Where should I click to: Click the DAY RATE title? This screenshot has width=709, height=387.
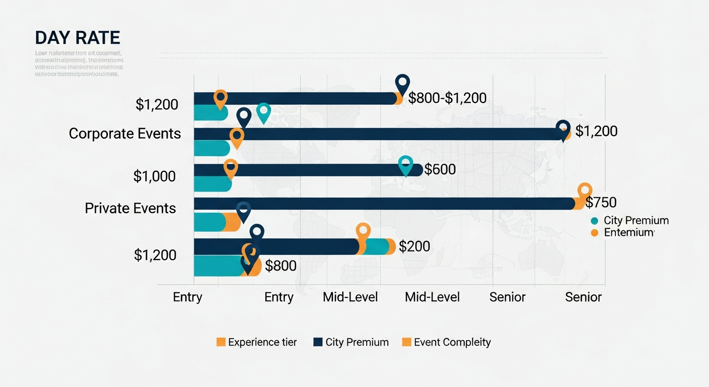[x=78, y=38]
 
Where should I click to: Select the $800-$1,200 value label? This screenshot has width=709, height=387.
[x=447, y=98]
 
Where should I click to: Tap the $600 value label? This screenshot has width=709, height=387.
[x=440, y=169]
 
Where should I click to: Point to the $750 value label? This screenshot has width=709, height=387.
[x=601, y=203]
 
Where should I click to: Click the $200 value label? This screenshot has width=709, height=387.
[x=414, y=246]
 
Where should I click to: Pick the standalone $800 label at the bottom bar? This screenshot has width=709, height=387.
[x=280, y=266]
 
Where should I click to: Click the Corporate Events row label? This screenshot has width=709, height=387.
[x=125, y=134]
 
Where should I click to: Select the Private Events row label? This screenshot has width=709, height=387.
[x=130, y=208]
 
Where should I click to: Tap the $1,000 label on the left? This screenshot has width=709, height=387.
[x=155, y=176]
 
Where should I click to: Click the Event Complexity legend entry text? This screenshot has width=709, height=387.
[x=452, y=342]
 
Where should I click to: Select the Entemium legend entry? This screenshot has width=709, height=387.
[x=629, y=232]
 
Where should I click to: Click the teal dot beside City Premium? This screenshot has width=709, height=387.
[x=594, y=221]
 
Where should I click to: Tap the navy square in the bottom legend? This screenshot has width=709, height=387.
[x=318, y=342]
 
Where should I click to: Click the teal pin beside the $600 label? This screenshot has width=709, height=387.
[x=405, y=164]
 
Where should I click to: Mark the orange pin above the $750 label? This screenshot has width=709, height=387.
[x=585, y=191]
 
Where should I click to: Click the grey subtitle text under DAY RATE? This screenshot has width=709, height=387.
[x=79, y=63]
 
